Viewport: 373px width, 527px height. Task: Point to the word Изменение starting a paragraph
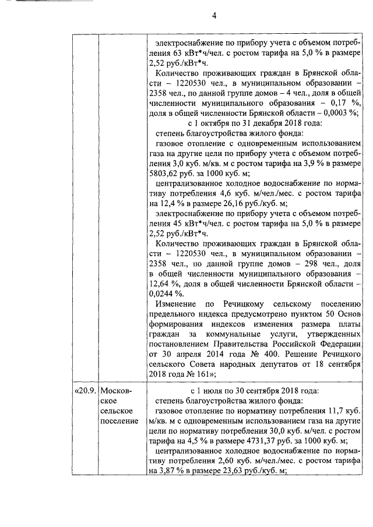[x=179, y=303]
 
